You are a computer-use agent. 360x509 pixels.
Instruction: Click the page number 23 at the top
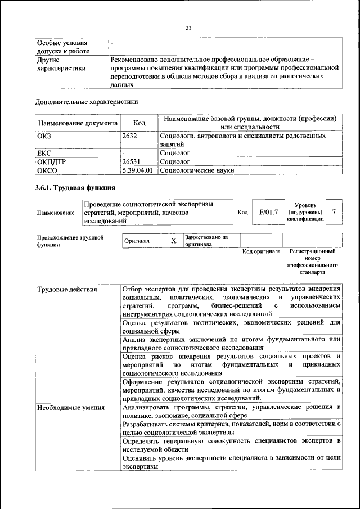click(188, 28)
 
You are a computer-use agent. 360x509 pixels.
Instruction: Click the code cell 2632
click(129, 136)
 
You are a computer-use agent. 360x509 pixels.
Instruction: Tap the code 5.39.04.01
click(137, 170)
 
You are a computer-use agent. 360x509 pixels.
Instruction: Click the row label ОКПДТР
click(51, 161)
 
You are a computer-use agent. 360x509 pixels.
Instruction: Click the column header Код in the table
click(139, 123)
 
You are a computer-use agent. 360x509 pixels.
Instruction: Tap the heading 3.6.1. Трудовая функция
click(75, 188)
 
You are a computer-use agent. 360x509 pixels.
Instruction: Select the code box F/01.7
click(268, 212)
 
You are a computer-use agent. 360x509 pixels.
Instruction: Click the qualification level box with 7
click(334, 212)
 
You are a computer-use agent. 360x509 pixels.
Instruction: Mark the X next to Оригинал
click(174, 241)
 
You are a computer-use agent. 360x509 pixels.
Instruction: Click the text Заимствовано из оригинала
click(206, 241)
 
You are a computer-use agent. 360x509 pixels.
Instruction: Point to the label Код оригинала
click(261, 251)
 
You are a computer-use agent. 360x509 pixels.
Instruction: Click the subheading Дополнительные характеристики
click(87, 102)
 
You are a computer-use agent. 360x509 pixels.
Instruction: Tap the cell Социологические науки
click(197, 170)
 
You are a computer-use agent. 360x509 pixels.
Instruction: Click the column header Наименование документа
click(78, 123)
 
